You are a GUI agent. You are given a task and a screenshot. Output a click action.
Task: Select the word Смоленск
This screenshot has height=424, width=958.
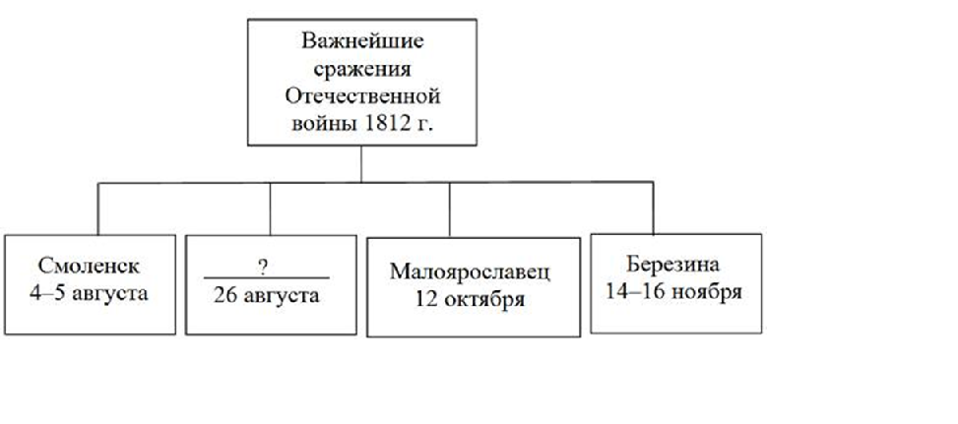(91, 266)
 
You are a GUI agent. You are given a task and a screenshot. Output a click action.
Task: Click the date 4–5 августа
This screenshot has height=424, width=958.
(91, 292)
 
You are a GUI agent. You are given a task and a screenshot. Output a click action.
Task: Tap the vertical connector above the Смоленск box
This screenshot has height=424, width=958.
(97, 209)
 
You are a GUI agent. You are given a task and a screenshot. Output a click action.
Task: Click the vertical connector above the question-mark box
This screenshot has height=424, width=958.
(270, 209)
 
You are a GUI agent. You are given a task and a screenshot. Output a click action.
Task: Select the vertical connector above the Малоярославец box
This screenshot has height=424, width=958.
(450, 209)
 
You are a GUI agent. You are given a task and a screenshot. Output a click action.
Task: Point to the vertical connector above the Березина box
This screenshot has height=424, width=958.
(653, 209)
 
